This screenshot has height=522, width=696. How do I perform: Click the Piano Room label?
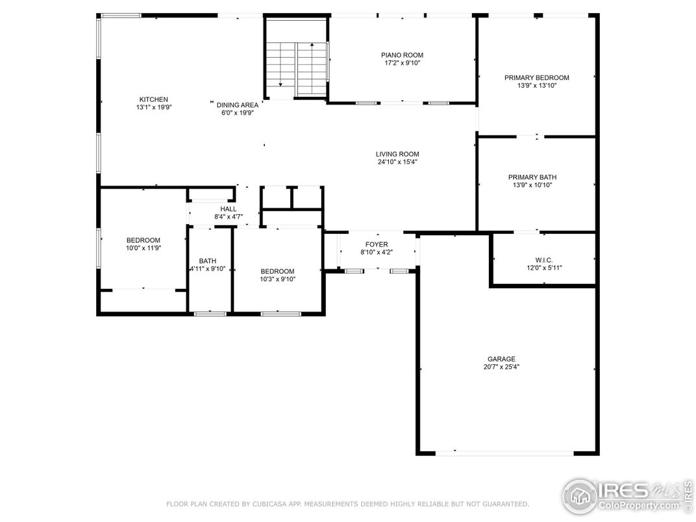tap(402, 55)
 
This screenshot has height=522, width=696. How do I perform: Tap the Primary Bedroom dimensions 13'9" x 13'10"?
tap(537, 86)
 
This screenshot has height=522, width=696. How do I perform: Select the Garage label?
tap(502, 359)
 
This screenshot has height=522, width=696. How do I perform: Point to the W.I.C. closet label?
tap(544, 260)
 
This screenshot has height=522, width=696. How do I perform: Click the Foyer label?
tap(377, 245)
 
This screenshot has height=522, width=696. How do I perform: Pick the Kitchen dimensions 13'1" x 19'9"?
tap(154, 107)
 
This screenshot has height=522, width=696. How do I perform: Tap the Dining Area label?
tap(238, 105)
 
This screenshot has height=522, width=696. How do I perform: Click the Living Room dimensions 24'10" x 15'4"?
tap(397, 162)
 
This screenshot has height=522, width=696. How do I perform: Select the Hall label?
tap(229, 209)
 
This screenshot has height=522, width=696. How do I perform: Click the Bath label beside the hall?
tap(208, 261)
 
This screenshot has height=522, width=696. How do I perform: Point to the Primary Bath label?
tap(532, 177)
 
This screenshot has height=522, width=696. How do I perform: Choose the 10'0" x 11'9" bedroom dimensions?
tap(143, 248)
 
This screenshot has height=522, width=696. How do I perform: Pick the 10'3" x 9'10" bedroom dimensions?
tap(277, 279)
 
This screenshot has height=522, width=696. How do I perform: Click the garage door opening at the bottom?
tap(504, 453)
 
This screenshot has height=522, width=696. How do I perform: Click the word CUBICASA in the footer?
tap(271, 504)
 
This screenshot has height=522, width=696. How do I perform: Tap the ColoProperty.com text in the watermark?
tap(639, 505)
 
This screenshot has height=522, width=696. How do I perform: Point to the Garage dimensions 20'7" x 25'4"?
tap(502, 367)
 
